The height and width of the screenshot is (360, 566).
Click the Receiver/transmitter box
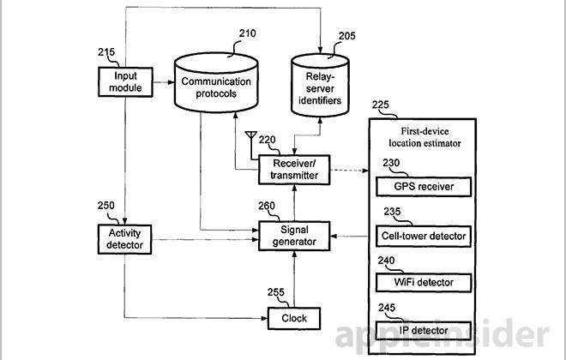point(294,169)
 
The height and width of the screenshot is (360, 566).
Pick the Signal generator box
point(294,236)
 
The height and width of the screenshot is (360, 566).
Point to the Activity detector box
point(125,237)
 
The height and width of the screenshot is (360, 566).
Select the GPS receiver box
point(424,185)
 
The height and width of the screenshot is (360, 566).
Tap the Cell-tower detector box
point(424,234)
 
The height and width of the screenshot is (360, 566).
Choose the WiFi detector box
point(424,281)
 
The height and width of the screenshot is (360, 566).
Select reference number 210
point(246,33)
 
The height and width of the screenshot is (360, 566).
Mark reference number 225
point(380,105)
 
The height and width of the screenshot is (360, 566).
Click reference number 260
point(267,205)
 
